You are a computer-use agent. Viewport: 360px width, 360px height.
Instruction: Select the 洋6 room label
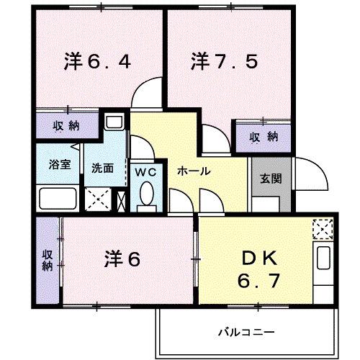(122, 257)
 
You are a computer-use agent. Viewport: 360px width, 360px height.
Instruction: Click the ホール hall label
(193, 171)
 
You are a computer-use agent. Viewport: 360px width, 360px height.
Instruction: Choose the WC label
(146, 173)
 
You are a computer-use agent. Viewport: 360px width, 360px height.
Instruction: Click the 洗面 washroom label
(102, 168)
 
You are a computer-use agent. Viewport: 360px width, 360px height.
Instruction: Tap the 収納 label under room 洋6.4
(66, 127)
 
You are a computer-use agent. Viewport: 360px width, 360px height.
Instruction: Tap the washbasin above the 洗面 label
(113, 122)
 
